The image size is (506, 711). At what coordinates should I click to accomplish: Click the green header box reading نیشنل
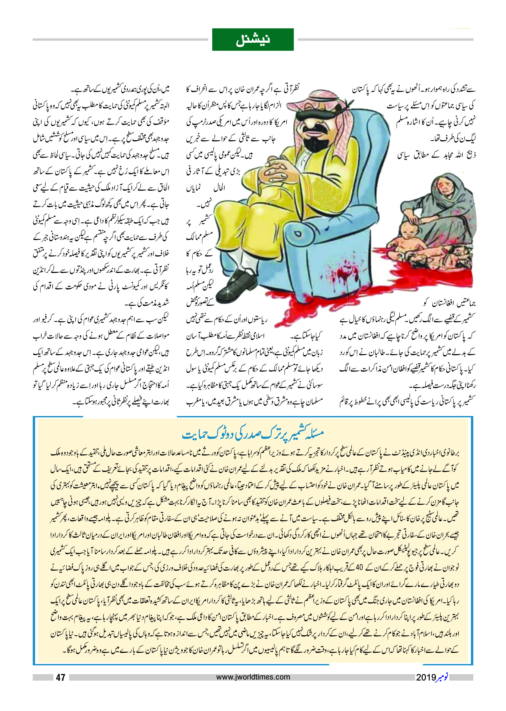[253, 40]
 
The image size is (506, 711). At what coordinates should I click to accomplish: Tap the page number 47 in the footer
[60, 677]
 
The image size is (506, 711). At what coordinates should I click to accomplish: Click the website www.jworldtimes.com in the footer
[253, 677]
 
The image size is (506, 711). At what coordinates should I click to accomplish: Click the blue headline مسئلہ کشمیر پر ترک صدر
[253, 433]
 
